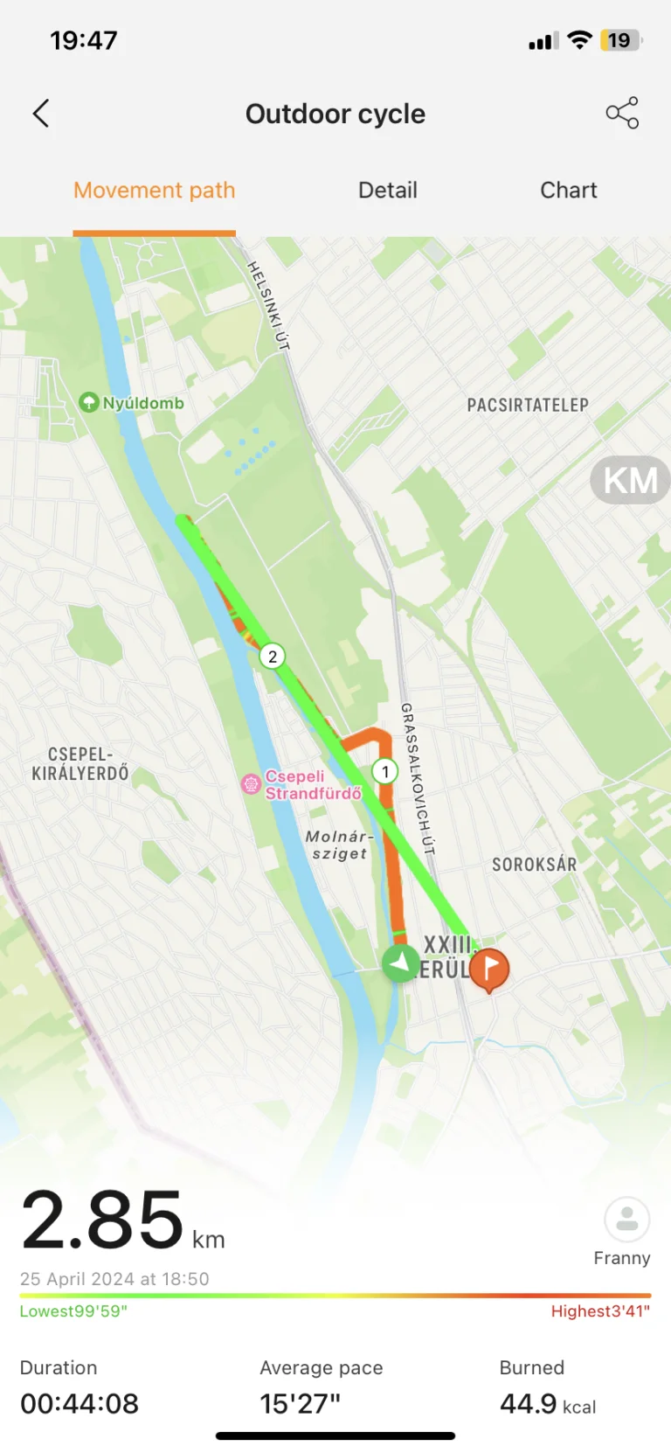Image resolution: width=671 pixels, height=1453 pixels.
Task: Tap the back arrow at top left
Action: pyautogui.click(x=41, y=114)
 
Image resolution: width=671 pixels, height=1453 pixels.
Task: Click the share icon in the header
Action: pyautogui.click(x=622, y=114)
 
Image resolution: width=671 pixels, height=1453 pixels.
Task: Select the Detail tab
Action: pyautogui.click(x=388, y=191)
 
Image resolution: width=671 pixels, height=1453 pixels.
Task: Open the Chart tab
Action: pyautogui.click(x=568, y=191)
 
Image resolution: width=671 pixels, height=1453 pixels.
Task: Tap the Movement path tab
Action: pyautogui.click(x=155, y=191)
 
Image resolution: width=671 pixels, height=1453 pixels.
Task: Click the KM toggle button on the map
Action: pyautogui.click(x=631, y=480)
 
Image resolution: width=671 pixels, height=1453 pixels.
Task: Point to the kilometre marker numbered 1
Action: pyautogui.click(x=385, y=771)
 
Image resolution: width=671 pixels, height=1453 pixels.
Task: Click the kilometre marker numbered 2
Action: pyautogui.click(x=273, y=657)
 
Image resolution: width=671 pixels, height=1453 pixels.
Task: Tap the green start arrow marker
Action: pyautogui.click(x=400, y=963)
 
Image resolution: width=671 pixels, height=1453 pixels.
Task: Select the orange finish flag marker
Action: pyautogui.click(x=489, y=968)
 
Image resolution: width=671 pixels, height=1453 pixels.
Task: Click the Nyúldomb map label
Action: pyautogui.click(x=142, y=403)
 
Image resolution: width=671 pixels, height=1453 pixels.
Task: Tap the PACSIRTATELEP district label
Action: pyautogui.click(x=528, y=405)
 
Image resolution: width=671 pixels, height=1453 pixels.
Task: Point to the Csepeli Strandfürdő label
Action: pyautogui.click(x=312, y=785)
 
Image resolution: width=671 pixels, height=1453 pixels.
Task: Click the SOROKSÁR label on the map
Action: pyautogui.click(x=534, y=865)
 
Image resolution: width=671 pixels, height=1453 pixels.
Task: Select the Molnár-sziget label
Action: pyautogui.click(x=340, y=845)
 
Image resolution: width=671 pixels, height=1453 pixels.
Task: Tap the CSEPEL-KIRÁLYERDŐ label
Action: pyautogui.click(x=80, y=764)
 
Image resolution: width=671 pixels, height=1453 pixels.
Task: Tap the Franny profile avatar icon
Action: pyautogui.click(x=626, y=1219)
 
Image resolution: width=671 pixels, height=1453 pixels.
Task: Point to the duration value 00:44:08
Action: pyautogui.click(x=80, y=1404)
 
